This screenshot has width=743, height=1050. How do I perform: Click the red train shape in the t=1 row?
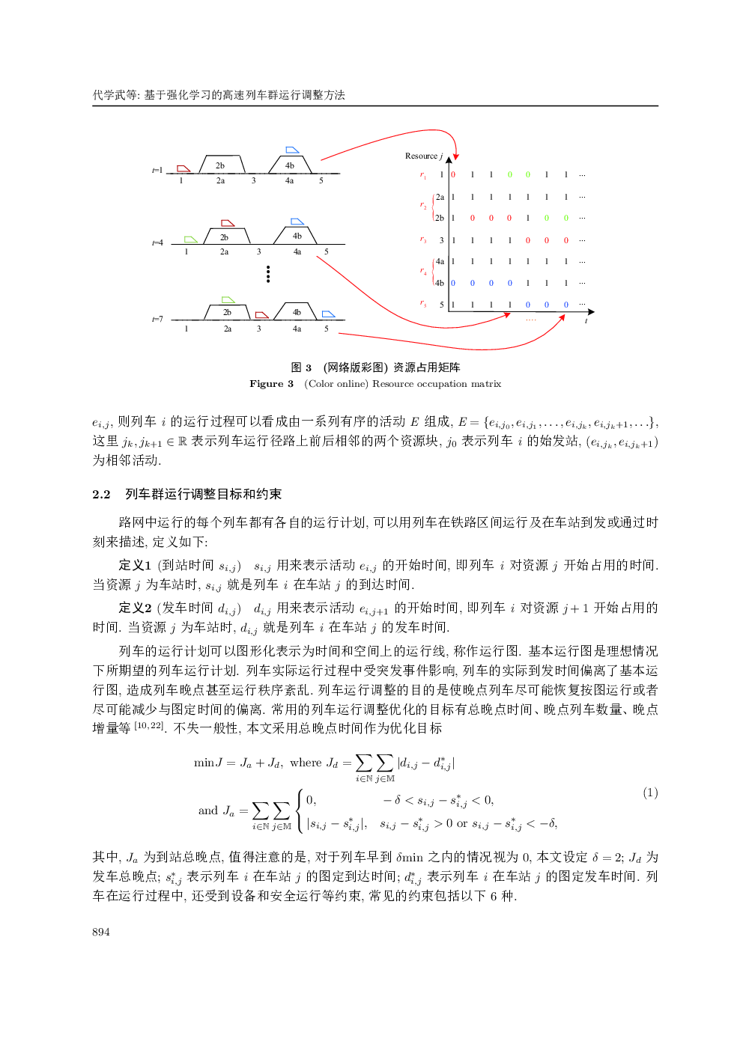click(184, 169)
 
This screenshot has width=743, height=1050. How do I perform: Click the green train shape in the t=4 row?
click(191, 239)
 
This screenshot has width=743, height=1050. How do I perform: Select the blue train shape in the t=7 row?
click(328, 314)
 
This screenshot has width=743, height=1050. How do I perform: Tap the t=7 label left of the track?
click(157, 320)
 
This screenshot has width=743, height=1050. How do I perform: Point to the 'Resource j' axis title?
click(423, 156)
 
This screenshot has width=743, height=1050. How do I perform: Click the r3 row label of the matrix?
click(423, 240)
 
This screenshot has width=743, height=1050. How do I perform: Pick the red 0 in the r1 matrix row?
click(453, 175)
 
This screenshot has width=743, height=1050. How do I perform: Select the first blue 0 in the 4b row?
click(453, 284)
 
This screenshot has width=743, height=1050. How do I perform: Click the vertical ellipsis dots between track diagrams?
click(268, 275)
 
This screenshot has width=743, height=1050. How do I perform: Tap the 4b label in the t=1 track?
click(290, 165)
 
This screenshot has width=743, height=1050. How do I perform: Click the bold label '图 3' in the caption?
click(301, 367)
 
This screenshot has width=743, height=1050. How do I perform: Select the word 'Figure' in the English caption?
click(266, 384)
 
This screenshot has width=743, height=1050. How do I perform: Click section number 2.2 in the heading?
click(101, 495)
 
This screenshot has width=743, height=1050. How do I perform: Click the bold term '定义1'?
click(135, 565)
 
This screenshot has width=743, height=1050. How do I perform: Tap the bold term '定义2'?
click(135, 608)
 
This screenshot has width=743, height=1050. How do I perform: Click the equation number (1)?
click(650, 793)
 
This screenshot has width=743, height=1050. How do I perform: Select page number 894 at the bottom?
click(101, 932)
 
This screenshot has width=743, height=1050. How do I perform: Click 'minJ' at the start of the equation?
click(208, 763)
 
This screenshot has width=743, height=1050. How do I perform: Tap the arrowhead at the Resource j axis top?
click(449, 159)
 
